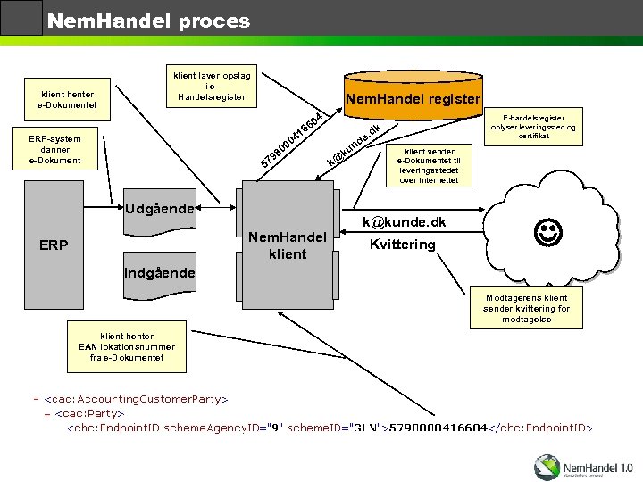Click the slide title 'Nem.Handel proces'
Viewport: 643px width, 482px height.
point(148,20)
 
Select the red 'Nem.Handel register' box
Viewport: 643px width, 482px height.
point(413,99)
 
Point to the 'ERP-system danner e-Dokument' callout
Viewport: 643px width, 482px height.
point(55,150)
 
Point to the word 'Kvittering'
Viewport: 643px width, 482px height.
point(402,245)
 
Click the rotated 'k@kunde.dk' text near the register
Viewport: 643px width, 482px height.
point(355,145)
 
